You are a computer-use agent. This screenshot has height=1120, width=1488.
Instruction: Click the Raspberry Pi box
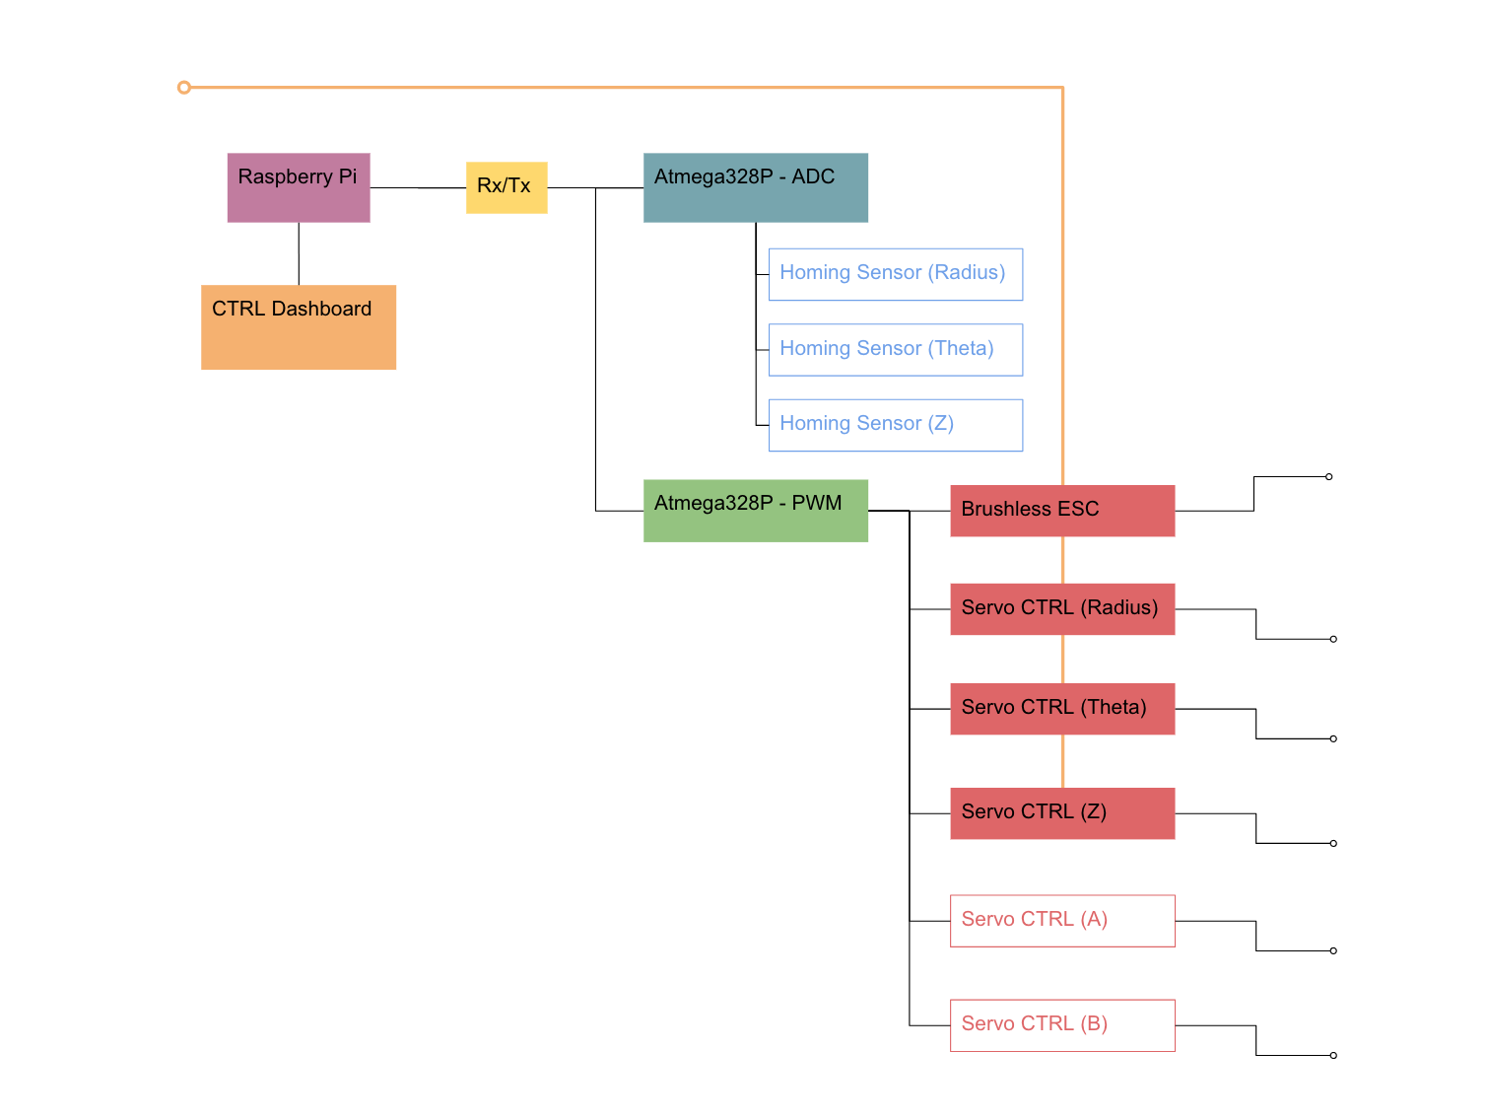299,187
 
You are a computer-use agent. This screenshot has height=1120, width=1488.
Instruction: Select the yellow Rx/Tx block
507,187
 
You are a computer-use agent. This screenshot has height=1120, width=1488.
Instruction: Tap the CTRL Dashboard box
299,326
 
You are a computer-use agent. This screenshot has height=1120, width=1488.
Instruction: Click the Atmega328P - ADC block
755,187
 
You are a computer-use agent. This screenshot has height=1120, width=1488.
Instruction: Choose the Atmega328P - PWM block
755,511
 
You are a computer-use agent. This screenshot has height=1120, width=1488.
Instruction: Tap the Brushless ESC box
1062,511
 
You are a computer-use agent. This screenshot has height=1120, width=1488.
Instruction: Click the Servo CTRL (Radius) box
1062,609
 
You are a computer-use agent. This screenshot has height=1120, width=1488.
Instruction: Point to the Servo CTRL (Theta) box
1062,709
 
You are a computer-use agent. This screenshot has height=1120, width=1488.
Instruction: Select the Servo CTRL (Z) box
1062,812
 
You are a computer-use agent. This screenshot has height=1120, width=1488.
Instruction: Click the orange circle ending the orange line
183,88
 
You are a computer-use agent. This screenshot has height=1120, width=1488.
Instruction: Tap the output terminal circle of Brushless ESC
1328,476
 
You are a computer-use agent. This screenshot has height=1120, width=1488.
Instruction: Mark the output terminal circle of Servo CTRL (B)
1332,1055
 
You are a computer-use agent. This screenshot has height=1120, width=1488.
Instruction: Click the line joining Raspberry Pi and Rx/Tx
418,187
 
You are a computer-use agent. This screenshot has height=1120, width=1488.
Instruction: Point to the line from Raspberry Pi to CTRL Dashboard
299,253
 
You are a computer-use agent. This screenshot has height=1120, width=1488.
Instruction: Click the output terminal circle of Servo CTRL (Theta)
1332,738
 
